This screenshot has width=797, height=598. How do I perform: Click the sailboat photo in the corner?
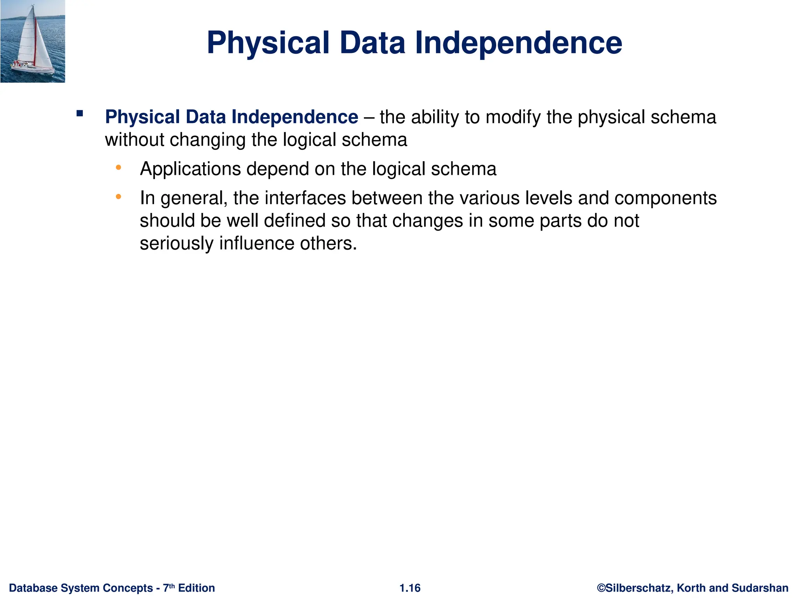(x=33, y=41)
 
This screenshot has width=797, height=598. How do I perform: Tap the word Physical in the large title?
(x=268, y=43)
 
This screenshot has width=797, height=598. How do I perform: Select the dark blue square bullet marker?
(x=80, y=114)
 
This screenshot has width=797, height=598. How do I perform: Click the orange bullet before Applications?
(x=119, y=167)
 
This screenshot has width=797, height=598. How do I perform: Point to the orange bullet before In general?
(x=119, y=197)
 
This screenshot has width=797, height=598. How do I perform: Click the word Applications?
(x=190, y=169)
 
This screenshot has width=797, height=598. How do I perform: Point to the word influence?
(x=257, y=243)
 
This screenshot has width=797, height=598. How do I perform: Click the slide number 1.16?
(x=410, y=588)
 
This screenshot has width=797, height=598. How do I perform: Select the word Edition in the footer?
(x=197, y=588)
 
